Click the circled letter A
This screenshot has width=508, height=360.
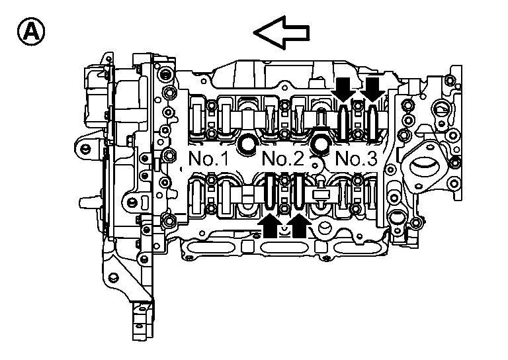click(31, 32)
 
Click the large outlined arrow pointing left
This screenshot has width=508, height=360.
click(281, 32)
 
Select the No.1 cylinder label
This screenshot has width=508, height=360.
click(208, 158)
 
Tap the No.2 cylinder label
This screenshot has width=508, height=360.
click(283, 158)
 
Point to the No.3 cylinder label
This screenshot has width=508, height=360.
click(357, 158)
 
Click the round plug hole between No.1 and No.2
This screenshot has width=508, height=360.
click(248, 144)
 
